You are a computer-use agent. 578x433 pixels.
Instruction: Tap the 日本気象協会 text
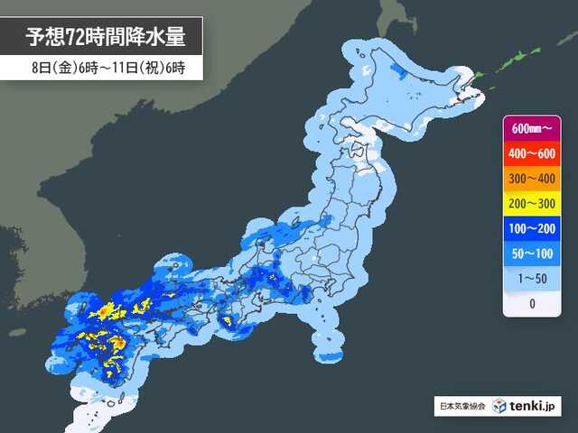pyautogui.click(x=461, y=407)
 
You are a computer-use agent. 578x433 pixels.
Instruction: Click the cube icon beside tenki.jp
pyautogui.click(x=497, y=406)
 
